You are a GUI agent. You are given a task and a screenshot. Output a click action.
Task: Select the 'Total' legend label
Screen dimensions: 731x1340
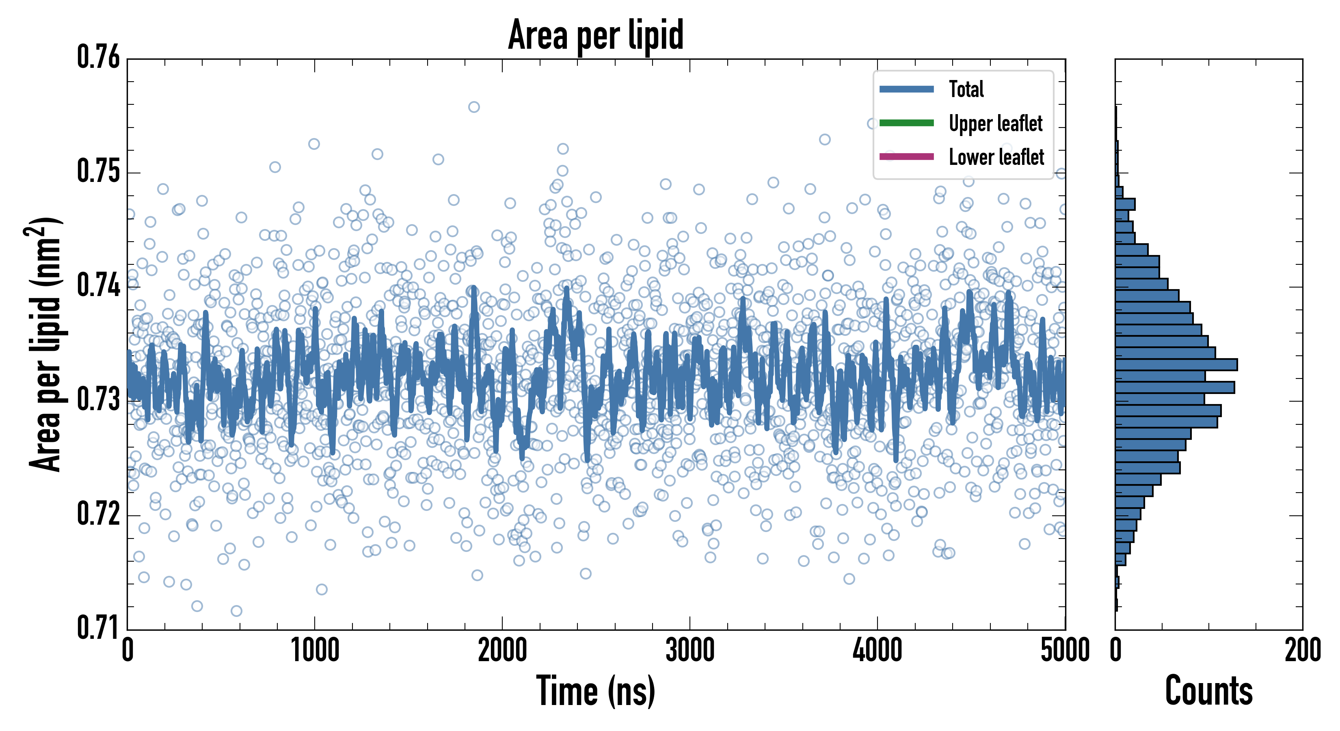(966, 89)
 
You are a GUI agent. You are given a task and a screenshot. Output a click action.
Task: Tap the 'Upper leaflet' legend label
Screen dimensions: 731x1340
(995, 123)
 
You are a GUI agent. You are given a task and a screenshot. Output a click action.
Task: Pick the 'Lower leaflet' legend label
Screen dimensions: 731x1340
(996, 157)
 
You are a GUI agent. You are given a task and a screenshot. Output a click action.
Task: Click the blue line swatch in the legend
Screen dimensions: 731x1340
(906, 89)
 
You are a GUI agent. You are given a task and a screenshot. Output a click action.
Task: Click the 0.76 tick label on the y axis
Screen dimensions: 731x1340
(98, 57)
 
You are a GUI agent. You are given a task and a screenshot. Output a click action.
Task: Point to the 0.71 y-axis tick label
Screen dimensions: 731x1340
(98, 627)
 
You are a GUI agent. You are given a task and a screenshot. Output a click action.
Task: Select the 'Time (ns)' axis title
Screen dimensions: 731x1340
(596, 691)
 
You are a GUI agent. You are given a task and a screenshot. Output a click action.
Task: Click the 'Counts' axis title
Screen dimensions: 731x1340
(1208, 691)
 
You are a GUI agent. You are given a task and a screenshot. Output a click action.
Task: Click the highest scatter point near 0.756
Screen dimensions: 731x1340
(473, 107)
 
